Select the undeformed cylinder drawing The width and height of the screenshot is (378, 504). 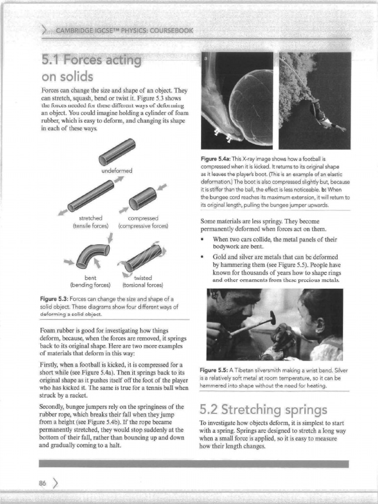click(117, 152)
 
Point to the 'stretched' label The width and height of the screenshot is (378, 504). click(91, 218)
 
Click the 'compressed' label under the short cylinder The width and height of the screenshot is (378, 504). click(143, 218)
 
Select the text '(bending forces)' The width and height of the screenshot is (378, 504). click(91, 284)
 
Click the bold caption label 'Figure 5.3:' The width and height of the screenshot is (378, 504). click(54, 299)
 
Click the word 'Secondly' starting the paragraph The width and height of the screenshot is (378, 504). click(52, 407)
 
